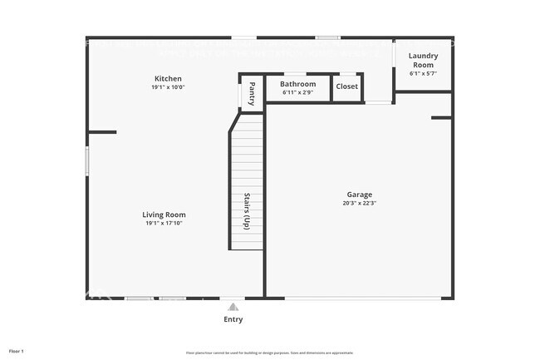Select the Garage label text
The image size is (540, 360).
coord(360,195)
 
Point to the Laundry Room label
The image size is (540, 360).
coord(422,61)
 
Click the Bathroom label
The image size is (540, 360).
coord(297,84)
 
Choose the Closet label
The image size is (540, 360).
coord(347,86)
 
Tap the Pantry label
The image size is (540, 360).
coord(252,91)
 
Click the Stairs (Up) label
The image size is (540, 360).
coord(247,211)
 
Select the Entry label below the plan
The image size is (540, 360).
coord(233,319)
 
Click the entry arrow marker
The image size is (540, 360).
coord(233,304)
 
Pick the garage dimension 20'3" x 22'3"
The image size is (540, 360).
coord(360,203)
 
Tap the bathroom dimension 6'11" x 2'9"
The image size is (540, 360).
coord(297,92)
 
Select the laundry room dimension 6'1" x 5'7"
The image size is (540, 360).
coord(422,74)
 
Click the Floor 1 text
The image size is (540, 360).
coord(17,351)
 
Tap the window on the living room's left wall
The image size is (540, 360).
coord(86,160)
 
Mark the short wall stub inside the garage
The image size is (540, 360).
coord(441,118)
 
